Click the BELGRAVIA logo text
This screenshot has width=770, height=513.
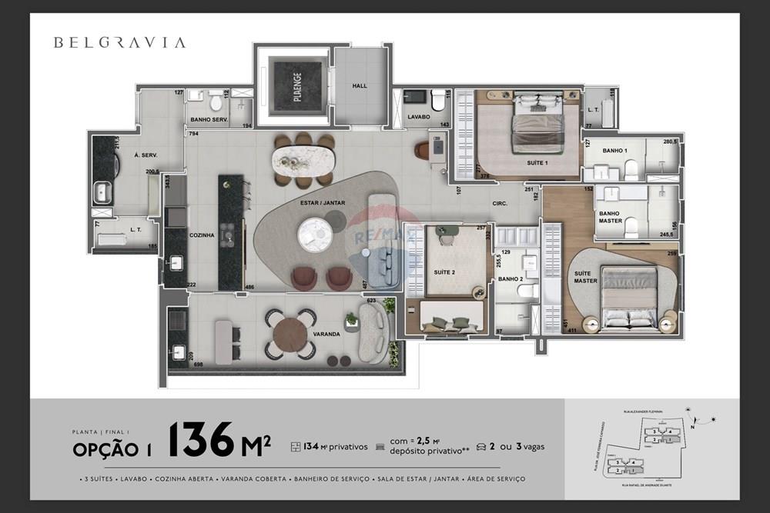coord(119,42)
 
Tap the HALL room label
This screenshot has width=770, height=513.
coord(360,86)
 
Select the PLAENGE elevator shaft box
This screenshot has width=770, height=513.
coord(297,82)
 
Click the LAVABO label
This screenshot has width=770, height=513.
coord(418,117)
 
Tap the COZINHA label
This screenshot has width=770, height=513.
coord(201,235)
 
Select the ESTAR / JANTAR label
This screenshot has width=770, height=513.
coord(323,203)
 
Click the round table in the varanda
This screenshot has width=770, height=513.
coord(290,335)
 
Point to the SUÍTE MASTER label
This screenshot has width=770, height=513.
coord(585,276)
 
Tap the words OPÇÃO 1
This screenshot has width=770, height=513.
coord(112,449)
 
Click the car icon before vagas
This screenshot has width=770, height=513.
coord(481,446)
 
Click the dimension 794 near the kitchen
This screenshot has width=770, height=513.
coord(194,134)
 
